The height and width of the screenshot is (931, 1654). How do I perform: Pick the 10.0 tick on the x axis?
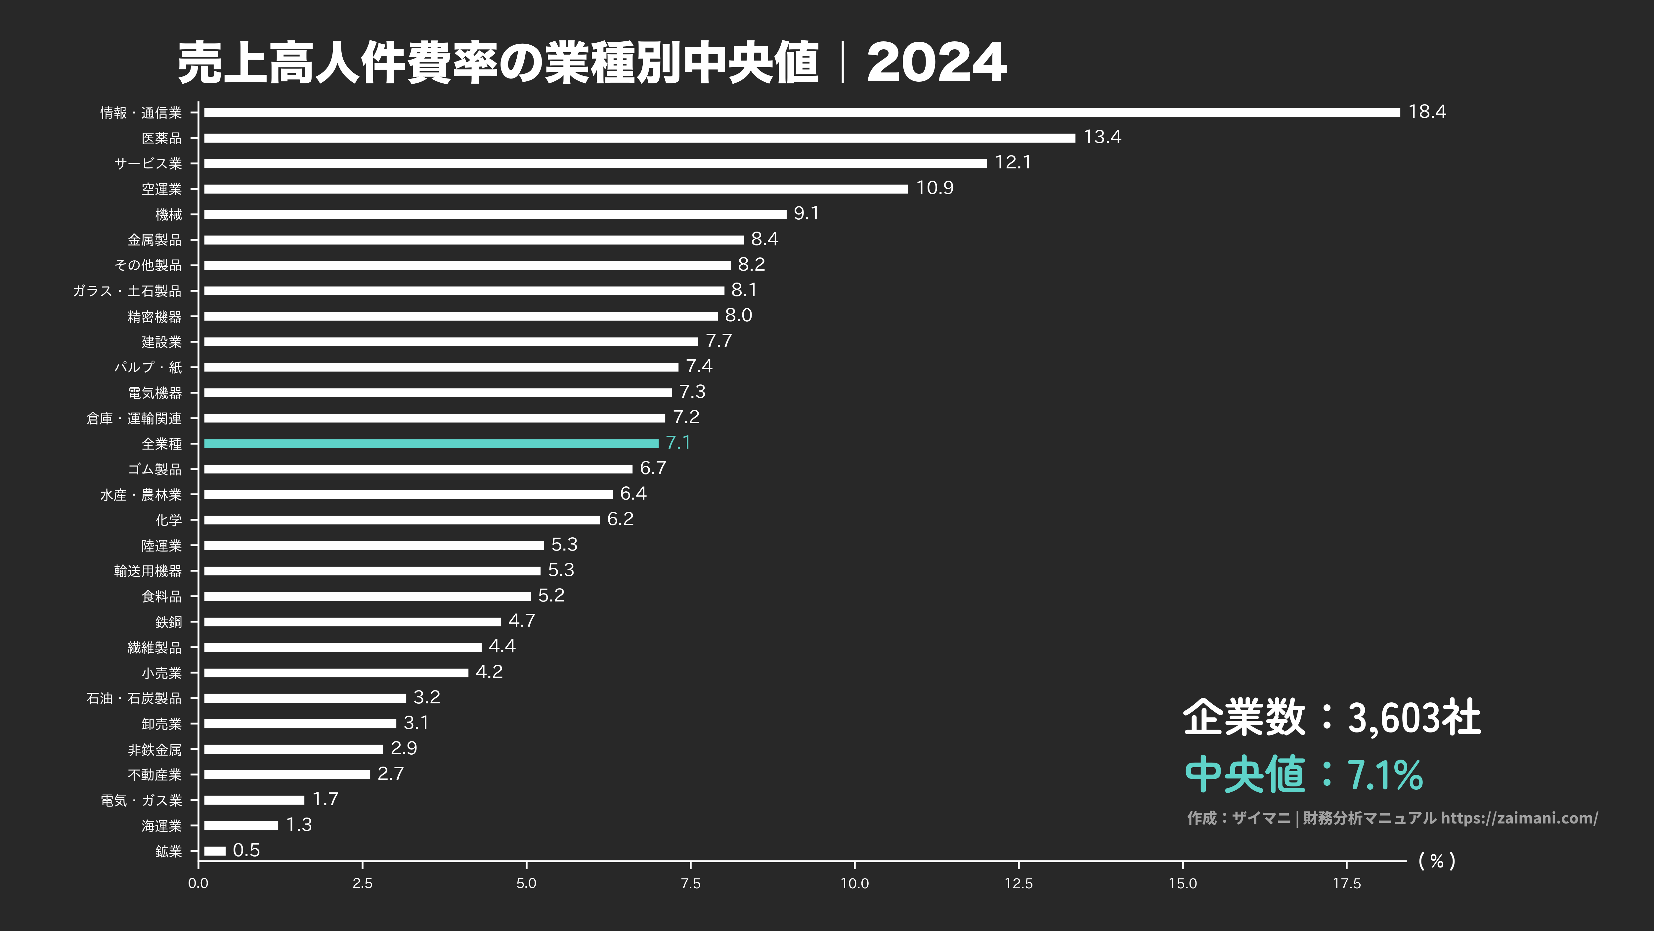click(x=854, y=883)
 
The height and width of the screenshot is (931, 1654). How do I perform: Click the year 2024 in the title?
click(x=936, y=63)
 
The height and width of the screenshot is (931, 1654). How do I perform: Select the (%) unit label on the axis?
click(x=1436, y=861)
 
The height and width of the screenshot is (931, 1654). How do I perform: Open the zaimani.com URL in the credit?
click(x=1519, y=818)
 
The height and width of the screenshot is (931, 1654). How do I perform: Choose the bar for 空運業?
click(x=555, y=189)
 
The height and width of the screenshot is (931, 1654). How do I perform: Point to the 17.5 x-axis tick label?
click(x=1346, y=883)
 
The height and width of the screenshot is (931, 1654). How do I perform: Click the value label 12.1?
click(x=1013, y=162)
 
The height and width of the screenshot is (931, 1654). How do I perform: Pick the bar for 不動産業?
click(x=287, y=774)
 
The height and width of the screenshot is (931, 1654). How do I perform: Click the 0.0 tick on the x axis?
click(x=198, y=883)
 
